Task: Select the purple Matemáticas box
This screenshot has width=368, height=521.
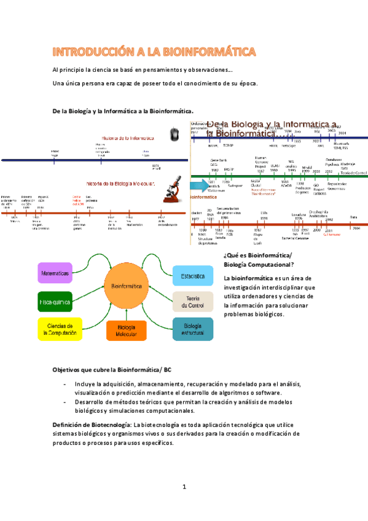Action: (55, 272)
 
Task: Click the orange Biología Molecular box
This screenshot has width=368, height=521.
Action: (127, 331)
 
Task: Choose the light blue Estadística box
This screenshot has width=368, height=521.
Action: (192, 276)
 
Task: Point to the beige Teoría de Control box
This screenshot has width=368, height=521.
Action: (192, 301)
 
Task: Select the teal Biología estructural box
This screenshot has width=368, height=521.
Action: (192, 329)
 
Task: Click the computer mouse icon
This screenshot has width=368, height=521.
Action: (174, 133)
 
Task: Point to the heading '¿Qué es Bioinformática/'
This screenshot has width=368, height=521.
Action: (258, 256)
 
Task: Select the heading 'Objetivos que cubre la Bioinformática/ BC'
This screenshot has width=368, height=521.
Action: (112, 369)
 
